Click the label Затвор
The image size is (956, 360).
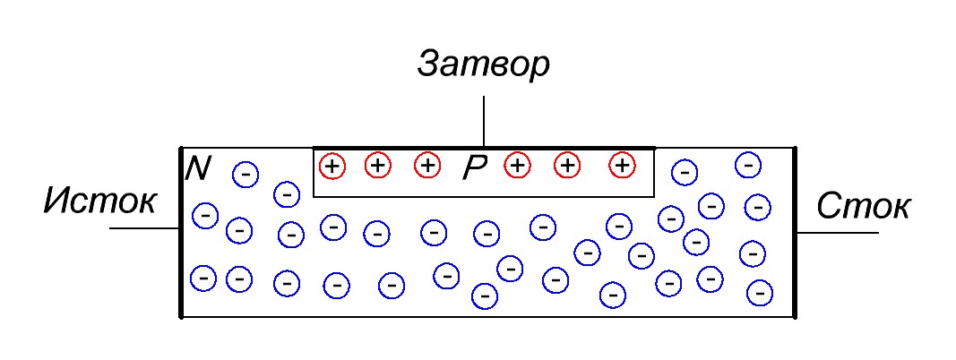point(483,65)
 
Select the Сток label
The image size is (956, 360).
point(864,207)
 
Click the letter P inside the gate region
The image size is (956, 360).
point(474,168)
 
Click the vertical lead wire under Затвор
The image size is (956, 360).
point(484,121)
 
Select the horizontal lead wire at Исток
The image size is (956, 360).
point(143,229)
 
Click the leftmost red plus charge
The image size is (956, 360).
point(332,166)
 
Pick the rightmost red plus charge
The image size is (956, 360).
point(622,166)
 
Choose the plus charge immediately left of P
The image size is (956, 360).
point(428,166)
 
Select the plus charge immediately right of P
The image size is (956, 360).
point(517,166)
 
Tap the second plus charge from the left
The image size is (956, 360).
point(378,166)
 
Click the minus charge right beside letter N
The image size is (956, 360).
point(245,174)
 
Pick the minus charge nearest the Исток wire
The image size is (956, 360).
point(205,216)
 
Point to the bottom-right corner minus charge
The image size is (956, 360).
point(760,292)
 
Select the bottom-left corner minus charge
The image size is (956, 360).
point(204,279)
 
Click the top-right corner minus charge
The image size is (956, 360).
point(748,165)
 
